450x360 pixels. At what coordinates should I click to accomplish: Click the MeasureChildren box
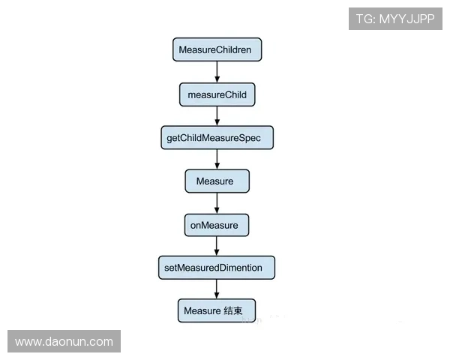coord(216,50)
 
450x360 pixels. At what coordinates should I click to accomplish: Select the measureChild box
coord(217,94)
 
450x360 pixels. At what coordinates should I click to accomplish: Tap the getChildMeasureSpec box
coord(216,138)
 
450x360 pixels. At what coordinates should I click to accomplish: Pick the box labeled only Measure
coord(216,181)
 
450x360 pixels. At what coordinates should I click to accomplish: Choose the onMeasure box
coord(216,224)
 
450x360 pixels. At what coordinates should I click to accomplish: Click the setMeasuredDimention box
coord(216,268)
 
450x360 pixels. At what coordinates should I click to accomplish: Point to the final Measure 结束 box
coord(216,310)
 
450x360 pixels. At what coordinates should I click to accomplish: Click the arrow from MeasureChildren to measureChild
coord(217,72)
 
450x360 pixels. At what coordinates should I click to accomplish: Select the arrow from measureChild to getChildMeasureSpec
coord(217,116)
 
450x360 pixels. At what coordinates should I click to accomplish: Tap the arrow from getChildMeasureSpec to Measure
coord(217,160)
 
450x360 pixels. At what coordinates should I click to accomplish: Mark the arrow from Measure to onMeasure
coord(217,203)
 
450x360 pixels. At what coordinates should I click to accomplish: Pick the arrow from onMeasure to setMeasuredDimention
coord(217,246)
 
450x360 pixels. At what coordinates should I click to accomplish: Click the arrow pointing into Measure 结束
coord(217,289)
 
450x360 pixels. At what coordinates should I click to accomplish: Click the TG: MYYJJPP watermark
coord(395,19)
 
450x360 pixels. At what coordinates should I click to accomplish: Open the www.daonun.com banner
coord(64,342)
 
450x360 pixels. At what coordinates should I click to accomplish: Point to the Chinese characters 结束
coord(233,310)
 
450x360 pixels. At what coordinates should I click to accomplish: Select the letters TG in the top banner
coord(364,19)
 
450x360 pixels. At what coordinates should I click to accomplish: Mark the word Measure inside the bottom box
coord(201,310)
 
